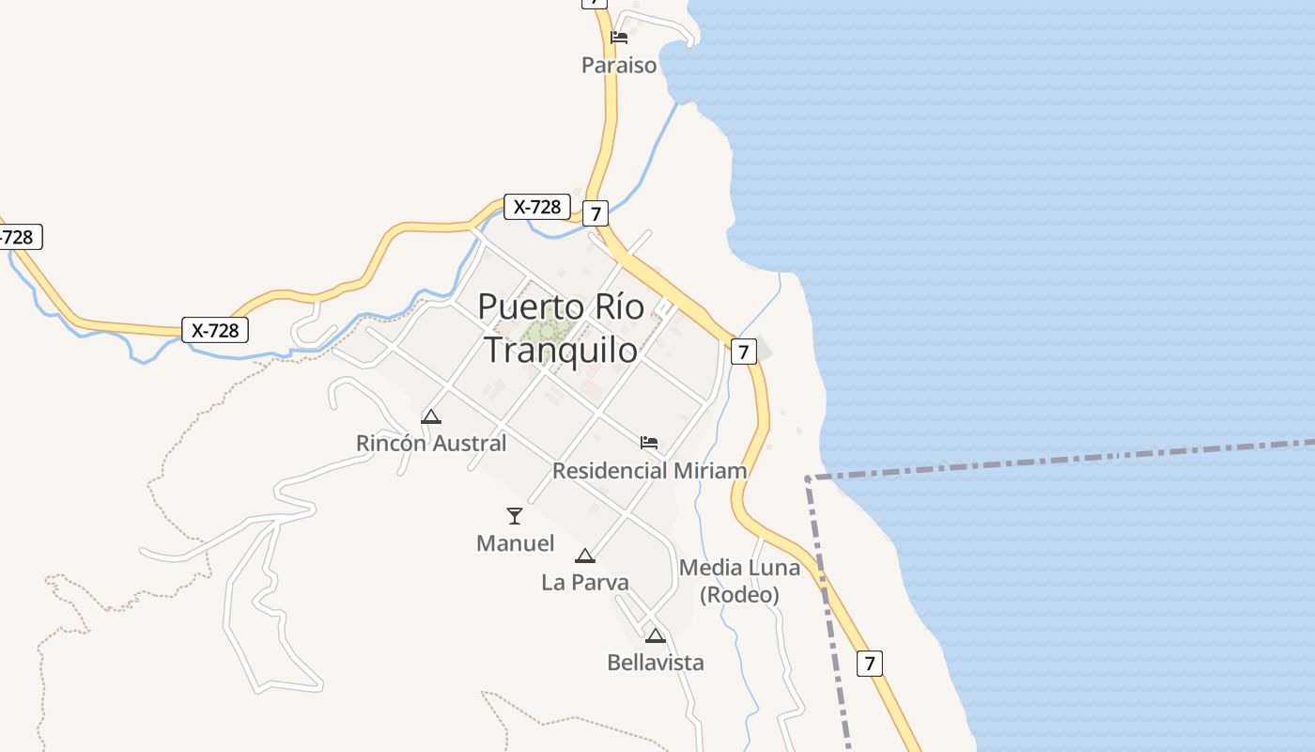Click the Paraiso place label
pos(619,66)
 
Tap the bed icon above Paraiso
pos(619,38)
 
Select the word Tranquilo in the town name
pos(561,350)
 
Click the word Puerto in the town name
pos(520,306)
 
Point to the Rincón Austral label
pos(431,443)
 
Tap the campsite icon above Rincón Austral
pos(431,416)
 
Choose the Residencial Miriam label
pos(649,470)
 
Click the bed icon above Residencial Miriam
pos(649,442)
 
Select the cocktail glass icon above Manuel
pos(515,515)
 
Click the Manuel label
pos(515,543)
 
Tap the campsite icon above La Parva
pos(585,556)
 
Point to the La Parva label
pos(585,583)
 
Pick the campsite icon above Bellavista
pos(656,635)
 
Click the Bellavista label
pos(656,663)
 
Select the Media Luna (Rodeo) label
pos(739,581)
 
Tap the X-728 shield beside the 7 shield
pos(538,207)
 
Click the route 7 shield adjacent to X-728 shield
pos(595,213)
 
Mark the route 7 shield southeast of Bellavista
pos(870,663)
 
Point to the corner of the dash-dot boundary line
pos(808,478)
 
